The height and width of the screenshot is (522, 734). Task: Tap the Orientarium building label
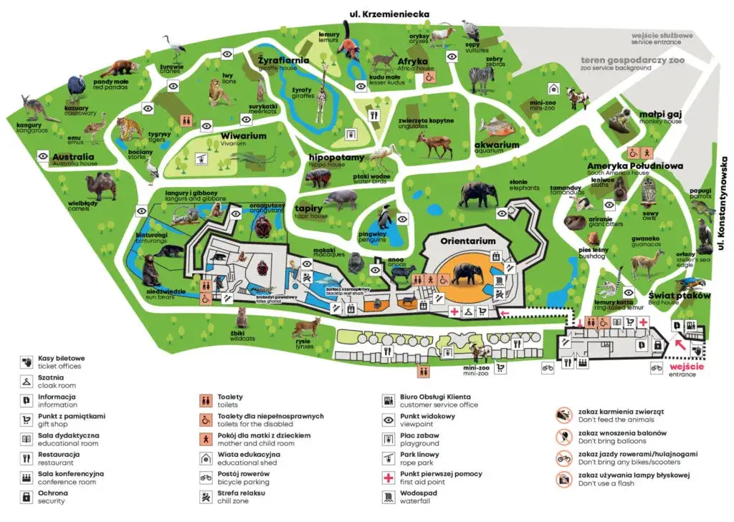coord(467,241)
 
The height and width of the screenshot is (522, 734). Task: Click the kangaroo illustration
coord(31,108)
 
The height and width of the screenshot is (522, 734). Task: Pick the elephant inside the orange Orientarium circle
coord(467,275)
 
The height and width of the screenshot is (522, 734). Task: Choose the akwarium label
coord(496,145)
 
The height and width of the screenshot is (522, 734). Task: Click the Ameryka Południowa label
coord(634,166)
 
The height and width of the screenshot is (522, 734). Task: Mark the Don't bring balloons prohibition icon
coord(564,438)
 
